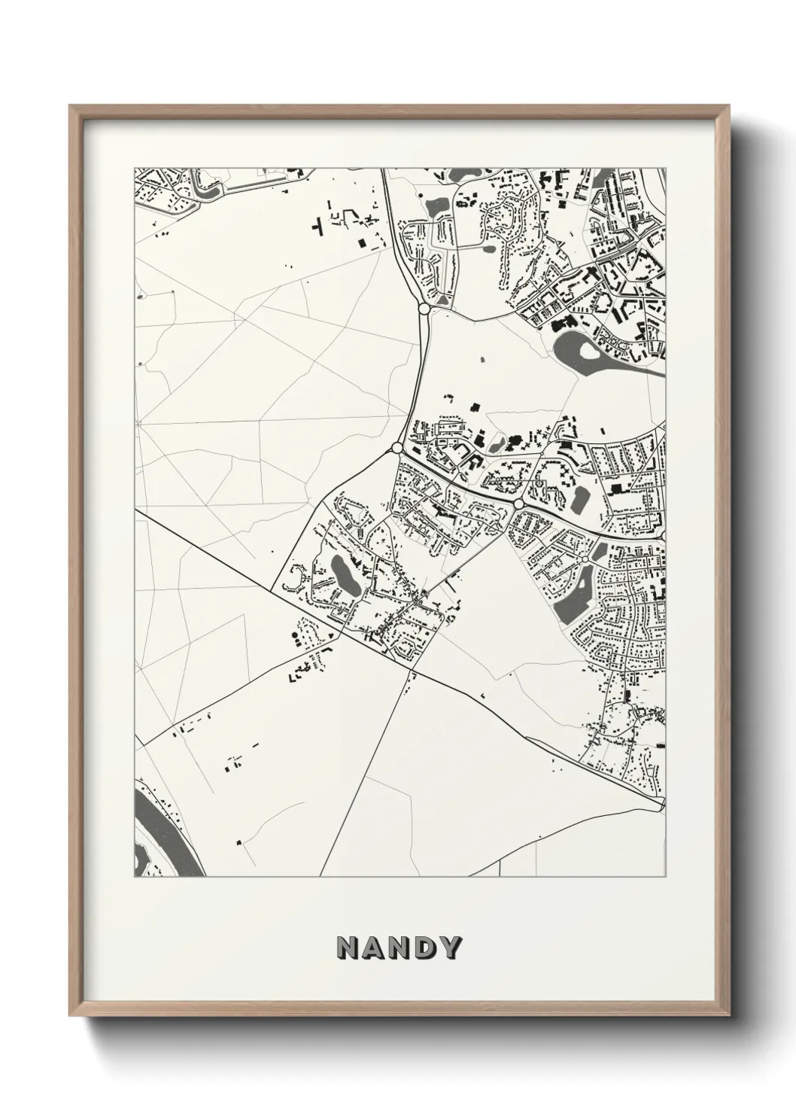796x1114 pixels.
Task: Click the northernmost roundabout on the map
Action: pos(424,309)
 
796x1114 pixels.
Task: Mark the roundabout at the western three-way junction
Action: pos(396,449)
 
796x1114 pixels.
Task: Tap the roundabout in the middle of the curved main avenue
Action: pos(518,503)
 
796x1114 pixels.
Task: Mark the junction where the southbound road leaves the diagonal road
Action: pos(412,668)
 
